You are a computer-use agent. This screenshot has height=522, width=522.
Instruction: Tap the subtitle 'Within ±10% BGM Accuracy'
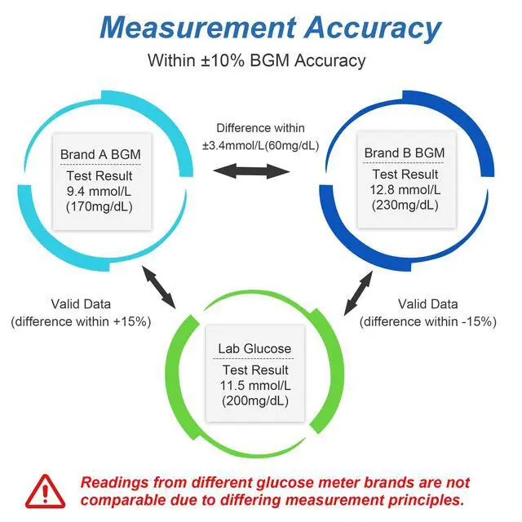(x=256, y=60)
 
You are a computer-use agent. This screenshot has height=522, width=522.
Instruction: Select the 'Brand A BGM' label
(x=100, y=154)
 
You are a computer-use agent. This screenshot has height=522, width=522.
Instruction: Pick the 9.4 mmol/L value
(x=100, y=190)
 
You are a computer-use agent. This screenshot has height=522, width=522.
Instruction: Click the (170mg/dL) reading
(x=100, y=206)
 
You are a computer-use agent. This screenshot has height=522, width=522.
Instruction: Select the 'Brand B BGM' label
(x=405, y=153)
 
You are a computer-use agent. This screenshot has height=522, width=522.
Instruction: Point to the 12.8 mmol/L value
(x=405, y=190)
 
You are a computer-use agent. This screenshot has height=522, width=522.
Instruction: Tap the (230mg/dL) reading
(x=405, y=206)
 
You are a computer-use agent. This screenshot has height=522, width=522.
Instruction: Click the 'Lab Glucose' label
(x=254, y=349)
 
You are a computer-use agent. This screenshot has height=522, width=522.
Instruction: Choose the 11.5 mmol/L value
(x=254, y=385)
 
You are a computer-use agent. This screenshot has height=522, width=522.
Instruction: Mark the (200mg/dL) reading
(x=254, y=401)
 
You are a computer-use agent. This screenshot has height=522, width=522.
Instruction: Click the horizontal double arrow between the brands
(x=252, y=170)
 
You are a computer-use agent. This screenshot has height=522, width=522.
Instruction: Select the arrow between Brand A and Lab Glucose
(x=159, y=286)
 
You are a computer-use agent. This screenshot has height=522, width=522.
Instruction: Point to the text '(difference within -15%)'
(x=428, y=321)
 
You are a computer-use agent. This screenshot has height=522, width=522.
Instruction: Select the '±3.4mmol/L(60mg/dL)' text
(x=260, y=145)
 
